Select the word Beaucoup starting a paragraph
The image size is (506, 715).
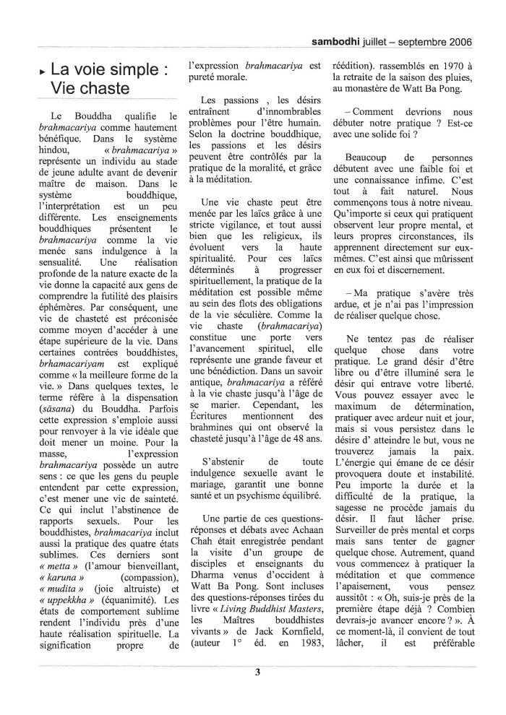(x=369, y=157)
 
